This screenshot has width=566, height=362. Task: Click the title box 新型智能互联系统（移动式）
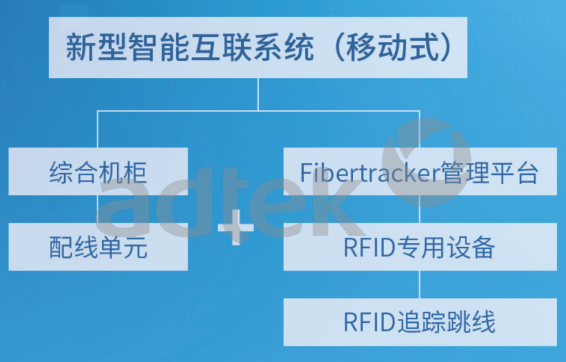pos(258,47)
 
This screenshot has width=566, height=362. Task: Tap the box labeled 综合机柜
pos(98,171)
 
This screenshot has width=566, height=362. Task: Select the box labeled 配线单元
pos(98,247)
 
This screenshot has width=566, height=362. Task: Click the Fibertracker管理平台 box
pos(420,171)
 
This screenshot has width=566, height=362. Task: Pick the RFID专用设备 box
pos(420,247)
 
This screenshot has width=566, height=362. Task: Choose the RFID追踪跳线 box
pos(420,322)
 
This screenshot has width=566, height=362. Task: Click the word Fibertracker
pos(365,173)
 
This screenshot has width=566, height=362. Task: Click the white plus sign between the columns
pos(235,227)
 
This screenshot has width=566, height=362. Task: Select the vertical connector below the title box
pos(258,94)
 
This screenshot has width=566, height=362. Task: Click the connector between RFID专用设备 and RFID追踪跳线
pos(420,284)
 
